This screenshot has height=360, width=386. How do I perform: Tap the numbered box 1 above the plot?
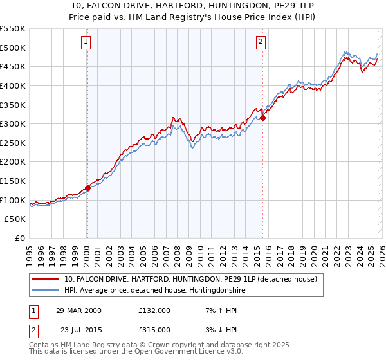tap(86, 42)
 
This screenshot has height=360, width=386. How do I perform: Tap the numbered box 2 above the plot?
tap(261, 42)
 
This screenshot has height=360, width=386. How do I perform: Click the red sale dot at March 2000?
tap(88, 188)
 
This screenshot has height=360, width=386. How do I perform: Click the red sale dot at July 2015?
tap(263, 118)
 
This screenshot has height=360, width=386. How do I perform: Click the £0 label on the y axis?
tap(20, 239)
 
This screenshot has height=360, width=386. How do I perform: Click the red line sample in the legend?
tap(46, 280)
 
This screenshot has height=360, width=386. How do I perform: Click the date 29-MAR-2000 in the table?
tap(78, 310)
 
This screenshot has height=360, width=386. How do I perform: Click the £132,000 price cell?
tap(154, 310)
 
